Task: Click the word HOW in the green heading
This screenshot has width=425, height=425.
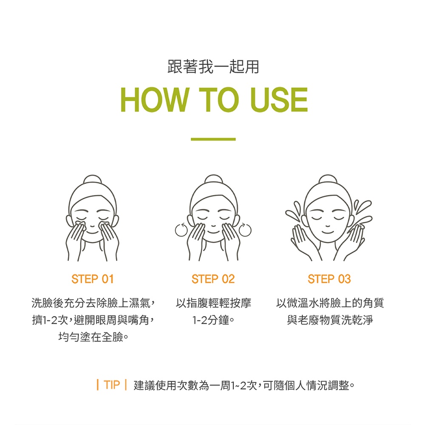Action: (x=154, y=99)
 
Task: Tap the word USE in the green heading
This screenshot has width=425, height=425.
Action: (x=279, y=99)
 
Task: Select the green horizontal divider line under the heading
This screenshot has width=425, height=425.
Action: (x=213, y=139)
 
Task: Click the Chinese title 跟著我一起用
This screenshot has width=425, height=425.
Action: (x=213, y=67)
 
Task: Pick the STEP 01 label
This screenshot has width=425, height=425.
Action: (x=92, y=279)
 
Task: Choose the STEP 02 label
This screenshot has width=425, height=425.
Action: (x=213, y=279)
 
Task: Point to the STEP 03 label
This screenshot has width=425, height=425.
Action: (x=329, y=279)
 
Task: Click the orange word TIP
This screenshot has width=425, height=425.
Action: (x=112, y=385)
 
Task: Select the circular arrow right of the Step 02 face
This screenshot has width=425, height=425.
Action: (x=245, y=230)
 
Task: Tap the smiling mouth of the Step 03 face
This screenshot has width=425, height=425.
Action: (x=328, y=232)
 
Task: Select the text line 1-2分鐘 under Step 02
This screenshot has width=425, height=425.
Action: (x=213, y=320)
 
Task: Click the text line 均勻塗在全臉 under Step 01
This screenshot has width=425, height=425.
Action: (x=93, y=337)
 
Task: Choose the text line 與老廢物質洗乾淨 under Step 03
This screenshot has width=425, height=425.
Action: (x=330, y=320)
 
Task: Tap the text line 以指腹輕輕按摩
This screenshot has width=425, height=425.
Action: (x=213, y=303)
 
